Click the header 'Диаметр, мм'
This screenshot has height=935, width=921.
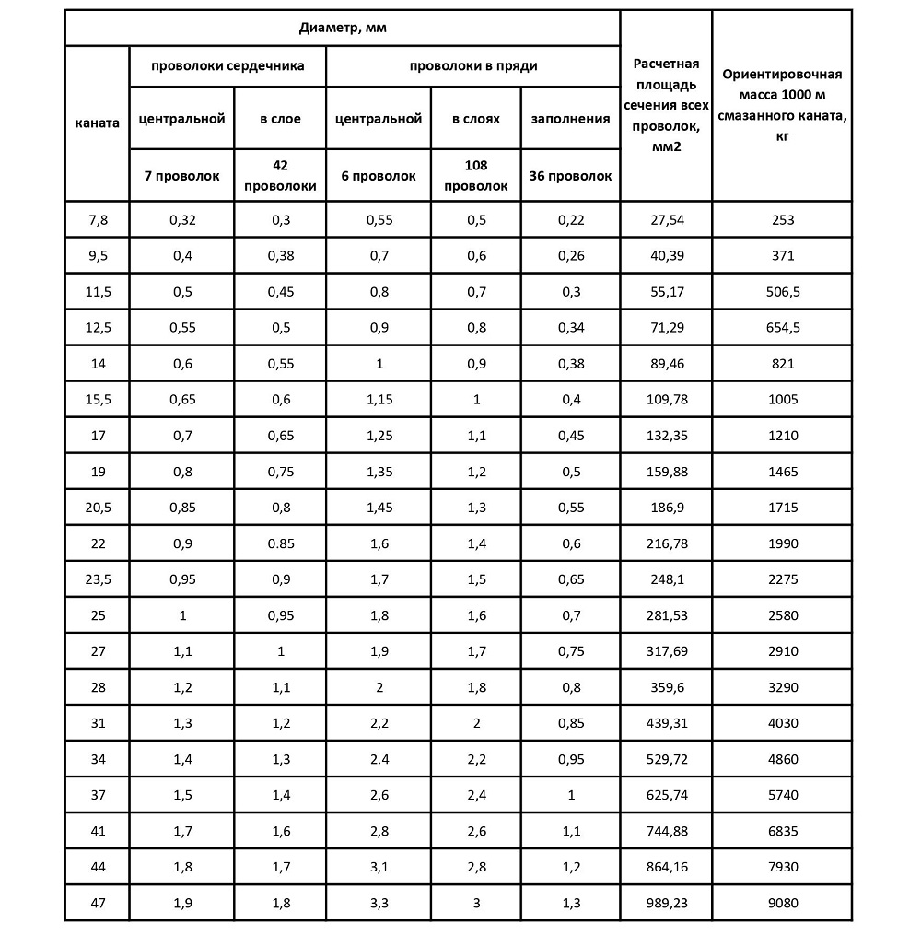point(343,28)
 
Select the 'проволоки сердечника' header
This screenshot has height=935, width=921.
point(227,66)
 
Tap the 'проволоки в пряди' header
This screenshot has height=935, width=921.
point(473,66)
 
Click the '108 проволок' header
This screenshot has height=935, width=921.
point(476,175)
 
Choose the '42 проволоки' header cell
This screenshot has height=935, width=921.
point(280,175)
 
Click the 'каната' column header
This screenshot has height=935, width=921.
point(97,123)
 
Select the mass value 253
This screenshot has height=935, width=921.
point(782,220)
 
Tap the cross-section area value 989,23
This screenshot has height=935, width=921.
point(667,903)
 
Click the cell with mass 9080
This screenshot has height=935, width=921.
point(782,903)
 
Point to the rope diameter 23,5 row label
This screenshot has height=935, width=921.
point(97,579)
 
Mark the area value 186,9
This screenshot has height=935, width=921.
point(667,508)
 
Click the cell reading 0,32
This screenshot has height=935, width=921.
point(182,220)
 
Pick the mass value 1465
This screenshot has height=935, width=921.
point(782,472)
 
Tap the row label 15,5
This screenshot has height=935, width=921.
point(97,400)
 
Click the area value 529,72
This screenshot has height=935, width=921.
point(667,759)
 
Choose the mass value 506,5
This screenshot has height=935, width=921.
point(782,292)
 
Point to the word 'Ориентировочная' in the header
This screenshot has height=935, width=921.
point(782,76)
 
